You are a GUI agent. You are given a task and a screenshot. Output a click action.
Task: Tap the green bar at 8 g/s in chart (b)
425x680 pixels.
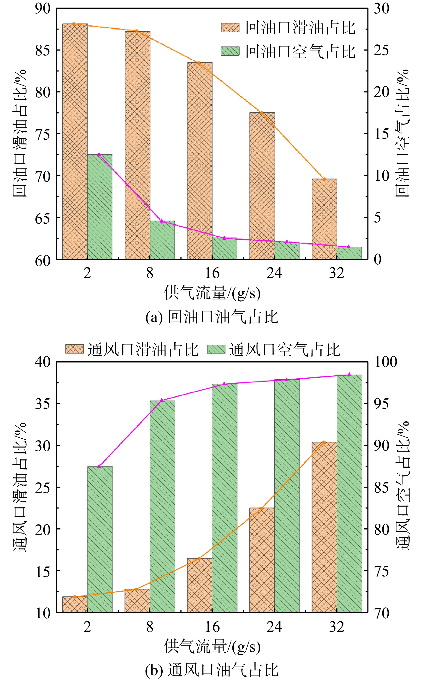[162, 506]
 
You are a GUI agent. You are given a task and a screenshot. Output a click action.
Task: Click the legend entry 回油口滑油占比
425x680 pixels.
[288, 28]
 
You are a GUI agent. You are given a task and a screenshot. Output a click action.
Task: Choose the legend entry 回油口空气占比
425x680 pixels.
[288, 51]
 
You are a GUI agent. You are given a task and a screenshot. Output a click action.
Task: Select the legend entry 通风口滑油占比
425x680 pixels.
[132, 350]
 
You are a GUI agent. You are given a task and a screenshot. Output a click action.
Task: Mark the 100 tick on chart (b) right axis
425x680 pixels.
[385, 362]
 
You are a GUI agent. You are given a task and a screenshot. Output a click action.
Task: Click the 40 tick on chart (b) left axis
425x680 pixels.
[43, 362]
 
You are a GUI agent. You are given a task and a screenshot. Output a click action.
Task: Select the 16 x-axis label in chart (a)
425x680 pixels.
[212, 273]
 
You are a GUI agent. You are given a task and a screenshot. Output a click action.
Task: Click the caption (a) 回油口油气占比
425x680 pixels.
[212, 317]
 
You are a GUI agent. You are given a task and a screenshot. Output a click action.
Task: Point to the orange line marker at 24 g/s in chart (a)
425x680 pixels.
[261, 113]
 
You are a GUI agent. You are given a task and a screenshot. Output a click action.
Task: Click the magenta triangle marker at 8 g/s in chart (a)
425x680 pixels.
[162, 221]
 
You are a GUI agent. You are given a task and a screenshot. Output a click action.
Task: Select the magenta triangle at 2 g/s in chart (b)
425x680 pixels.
[99, 466]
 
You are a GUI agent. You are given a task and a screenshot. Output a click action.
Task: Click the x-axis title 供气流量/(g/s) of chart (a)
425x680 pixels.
[212, 293]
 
